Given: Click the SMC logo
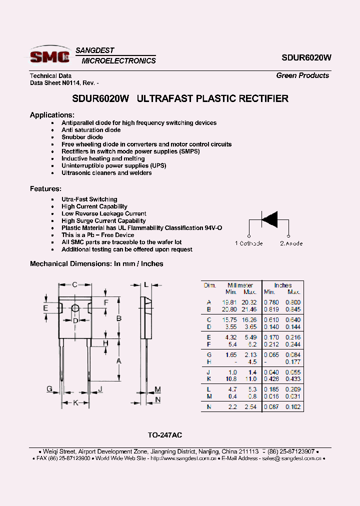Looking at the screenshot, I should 50,56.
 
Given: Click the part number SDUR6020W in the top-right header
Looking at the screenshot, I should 306,57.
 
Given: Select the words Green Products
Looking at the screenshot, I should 302,75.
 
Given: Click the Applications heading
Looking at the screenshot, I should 52,115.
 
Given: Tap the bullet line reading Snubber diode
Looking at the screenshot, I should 82,137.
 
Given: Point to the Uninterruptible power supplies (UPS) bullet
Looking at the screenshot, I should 113,165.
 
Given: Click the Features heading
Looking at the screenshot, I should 45,189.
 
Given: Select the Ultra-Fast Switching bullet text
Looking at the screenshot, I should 89,199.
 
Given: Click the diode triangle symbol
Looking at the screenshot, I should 269,219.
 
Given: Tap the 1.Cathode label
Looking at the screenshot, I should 248,243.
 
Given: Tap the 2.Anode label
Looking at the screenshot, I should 291,243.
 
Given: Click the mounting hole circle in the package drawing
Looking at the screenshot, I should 75,308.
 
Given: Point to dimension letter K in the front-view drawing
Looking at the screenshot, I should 75,402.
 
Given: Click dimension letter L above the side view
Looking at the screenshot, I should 145,284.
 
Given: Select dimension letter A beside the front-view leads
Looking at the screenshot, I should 119,360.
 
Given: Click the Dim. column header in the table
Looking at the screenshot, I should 209,285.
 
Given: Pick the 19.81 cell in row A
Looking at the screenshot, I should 229,302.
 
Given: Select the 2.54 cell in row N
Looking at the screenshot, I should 250,407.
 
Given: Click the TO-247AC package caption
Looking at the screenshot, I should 168,435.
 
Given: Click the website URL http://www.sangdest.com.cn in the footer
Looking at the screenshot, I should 183,458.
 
